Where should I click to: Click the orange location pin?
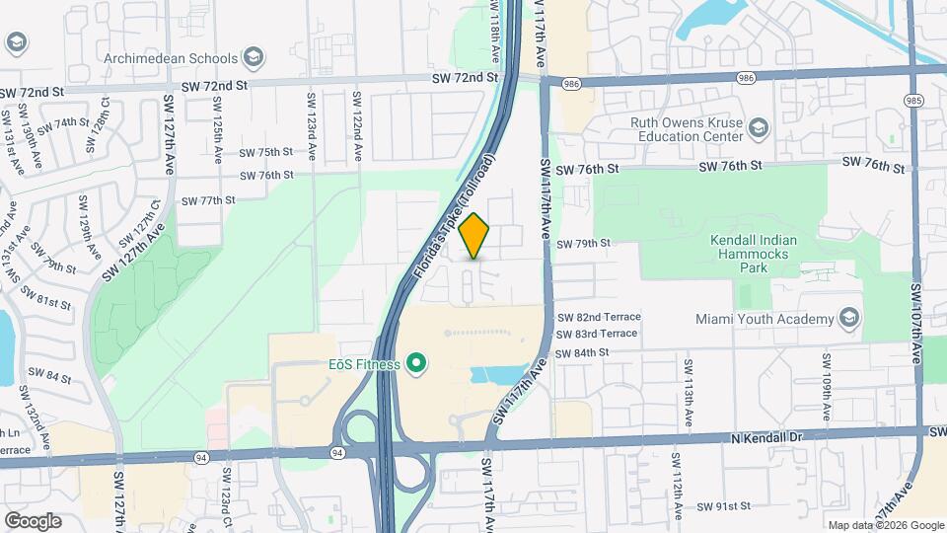[474, 236]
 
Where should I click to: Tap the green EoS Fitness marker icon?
[416, 364]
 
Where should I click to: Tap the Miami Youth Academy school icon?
[848, 318]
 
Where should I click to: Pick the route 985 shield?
[913, 101]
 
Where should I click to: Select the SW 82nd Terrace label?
[599, 317]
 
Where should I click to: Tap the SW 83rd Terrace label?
[598, 335]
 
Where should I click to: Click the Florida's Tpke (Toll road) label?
[455, 214]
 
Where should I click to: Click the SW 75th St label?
[266, 152]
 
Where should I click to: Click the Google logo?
[33, 520]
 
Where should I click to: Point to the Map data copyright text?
[886, 525]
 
